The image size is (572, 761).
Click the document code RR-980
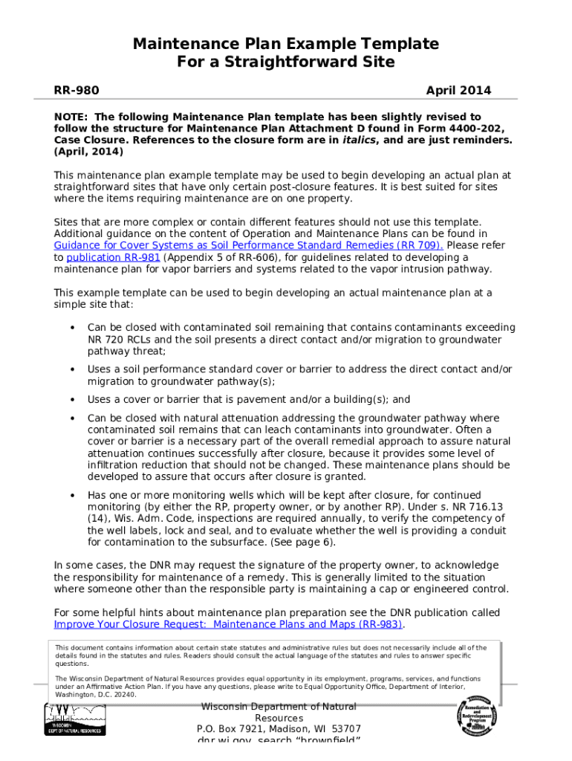[77, 91]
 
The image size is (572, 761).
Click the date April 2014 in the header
[458, 91]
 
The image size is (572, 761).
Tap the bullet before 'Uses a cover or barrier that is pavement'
[72, 400]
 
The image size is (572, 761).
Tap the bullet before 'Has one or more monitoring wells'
[72, 496]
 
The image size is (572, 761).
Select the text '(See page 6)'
[305, 543]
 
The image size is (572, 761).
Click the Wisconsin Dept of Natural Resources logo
[75, 719]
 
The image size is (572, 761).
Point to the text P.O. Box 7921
[227, 729]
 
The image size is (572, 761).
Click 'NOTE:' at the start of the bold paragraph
[72, 117]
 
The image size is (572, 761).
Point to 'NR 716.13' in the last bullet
[477, 507]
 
